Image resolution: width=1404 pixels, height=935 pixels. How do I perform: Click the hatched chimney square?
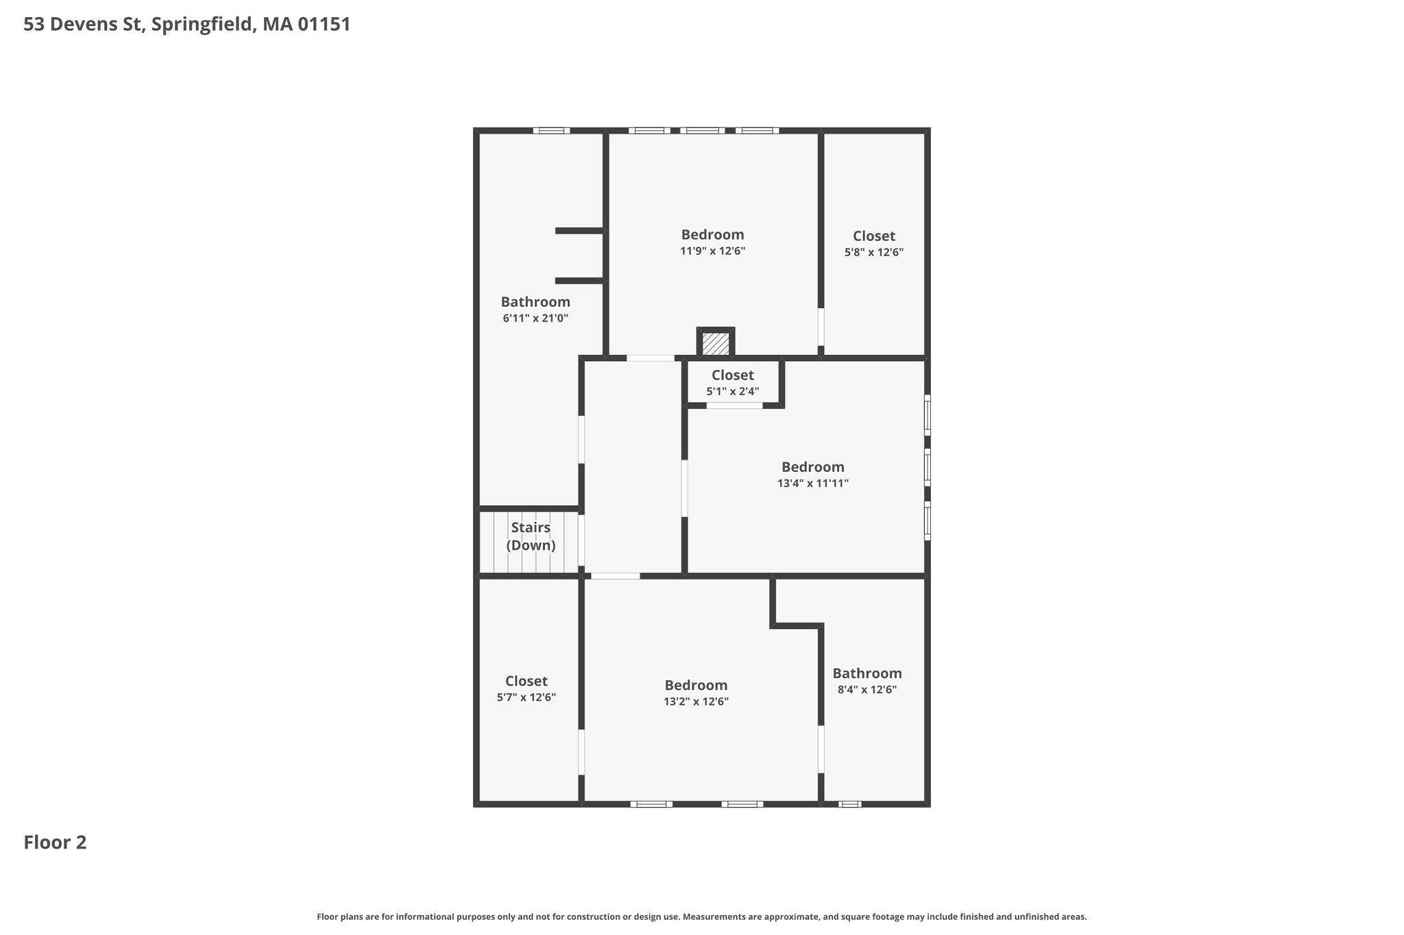pyautogui.click(x=716, y=343)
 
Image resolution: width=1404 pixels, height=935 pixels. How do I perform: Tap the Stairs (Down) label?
pyautogui.click(x=531, y=536)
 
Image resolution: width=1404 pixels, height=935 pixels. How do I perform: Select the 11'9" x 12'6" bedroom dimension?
pyautogui.click(x=712, y=251)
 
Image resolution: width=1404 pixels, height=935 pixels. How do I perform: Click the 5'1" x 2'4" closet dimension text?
pyautogui.click(x=733, y=391)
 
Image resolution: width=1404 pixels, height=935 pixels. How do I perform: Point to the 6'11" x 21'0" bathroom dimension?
pyautogui.click(x=535, y=318)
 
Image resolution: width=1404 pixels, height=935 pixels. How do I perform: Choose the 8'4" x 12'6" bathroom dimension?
pyautogui.click(x=867, y=689)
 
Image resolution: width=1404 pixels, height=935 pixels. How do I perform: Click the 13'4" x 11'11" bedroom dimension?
pyautogui.click(x=813, y=483)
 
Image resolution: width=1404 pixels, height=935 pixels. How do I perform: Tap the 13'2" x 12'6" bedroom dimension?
pyautogui.click(x=696, y=701)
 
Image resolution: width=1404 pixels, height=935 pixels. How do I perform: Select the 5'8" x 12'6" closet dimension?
pyautogui.click(x=874, y=252)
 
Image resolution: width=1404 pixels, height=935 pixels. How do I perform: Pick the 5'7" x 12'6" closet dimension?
pyautogui.click(x=526, y=697)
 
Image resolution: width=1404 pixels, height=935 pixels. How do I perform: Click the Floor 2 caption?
pyautogui.click(x=55, y=842)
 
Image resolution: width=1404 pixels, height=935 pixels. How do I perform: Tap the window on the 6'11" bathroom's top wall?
pyautogui.click(x=552, y=130)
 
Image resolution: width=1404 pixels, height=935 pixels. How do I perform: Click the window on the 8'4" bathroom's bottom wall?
pyautogui.click(x=850, y=804)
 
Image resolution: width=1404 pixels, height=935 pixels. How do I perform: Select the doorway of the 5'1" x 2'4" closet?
pyautogui.click(x=735, y=406)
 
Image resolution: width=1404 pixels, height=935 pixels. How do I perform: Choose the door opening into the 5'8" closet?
pyautogui.click(x=821, y=327)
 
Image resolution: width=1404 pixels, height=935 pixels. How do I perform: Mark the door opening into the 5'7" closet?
pyautogui.click(x=581, y=752)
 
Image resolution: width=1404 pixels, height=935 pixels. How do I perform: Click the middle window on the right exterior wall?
pyautogui.click(x=928, y=468)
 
